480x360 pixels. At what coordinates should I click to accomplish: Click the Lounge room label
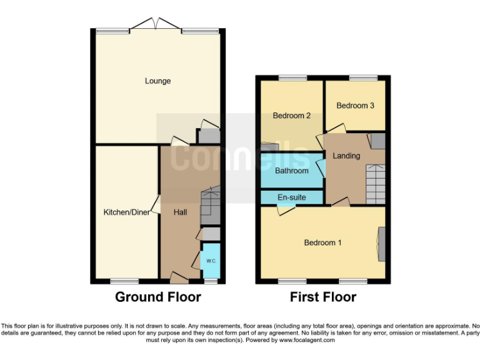click(157, 81)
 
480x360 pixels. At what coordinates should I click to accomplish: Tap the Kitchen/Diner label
click(127, 212)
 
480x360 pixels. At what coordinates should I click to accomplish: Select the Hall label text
click(180, 212)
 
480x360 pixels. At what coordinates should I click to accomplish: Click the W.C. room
click(211, 261)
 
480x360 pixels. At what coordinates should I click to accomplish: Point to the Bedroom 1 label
click(322, 242)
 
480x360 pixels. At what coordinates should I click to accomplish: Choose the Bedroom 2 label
click(292, 116)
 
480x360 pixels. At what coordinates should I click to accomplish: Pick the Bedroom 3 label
click(355, 106)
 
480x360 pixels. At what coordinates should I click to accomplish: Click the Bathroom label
click(292, 171)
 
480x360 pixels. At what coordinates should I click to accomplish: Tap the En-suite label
click(292, 197)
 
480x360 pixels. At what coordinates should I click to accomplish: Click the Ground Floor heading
click(157, 297)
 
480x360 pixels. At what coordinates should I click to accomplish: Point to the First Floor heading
click(322, 297)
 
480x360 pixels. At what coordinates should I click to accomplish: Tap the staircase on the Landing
click(376, 183)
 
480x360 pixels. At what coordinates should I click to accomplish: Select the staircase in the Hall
click(210, 206)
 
